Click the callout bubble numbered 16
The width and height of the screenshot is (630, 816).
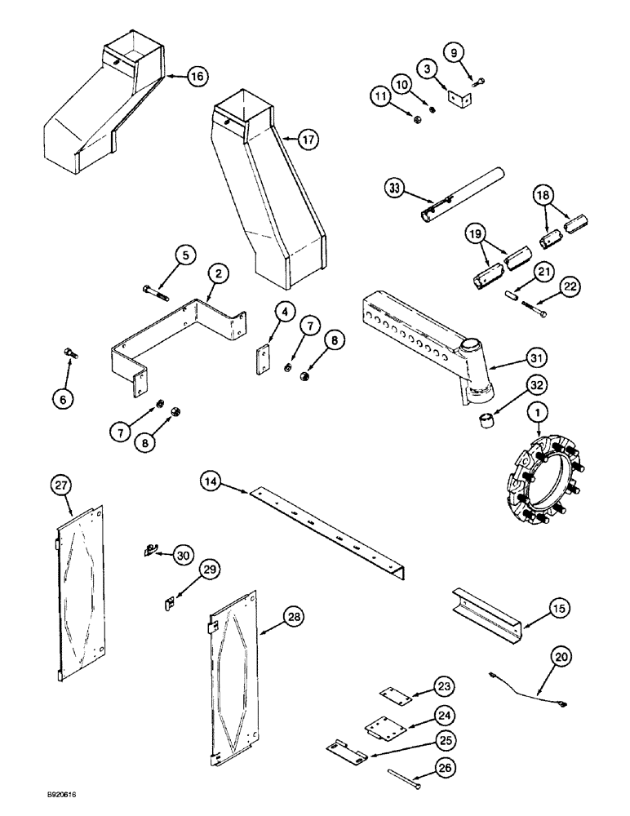(x=196, y=77)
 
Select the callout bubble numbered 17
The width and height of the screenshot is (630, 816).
(x=308, y=140)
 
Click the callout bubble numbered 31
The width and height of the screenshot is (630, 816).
(x=538, y=357)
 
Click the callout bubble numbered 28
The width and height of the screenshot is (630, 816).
(x=295, y=618)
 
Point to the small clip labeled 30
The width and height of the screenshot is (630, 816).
(x=149, y=551)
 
